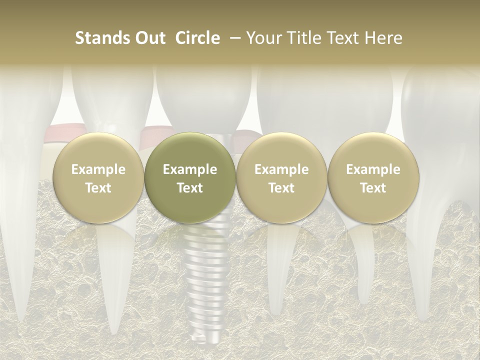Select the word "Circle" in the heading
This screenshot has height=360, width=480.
pos(197,38)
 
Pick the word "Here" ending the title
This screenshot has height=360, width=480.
pos(382,38)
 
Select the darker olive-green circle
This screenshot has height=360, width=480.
pos(190,178)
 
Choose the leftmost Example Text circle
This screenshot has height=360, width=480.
pos(98,178)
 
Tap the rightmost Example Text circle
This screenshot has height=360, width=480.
pos(373,178)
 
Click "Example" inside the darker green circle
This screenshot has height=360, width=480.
pos(190,169)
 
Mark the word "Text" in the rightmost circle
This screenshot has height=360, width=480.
pos(373,188)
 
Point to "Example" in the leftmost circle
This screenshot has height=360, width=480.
pos(98,169)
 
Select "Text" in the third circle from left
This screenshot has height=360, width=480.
pos(281,188)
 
